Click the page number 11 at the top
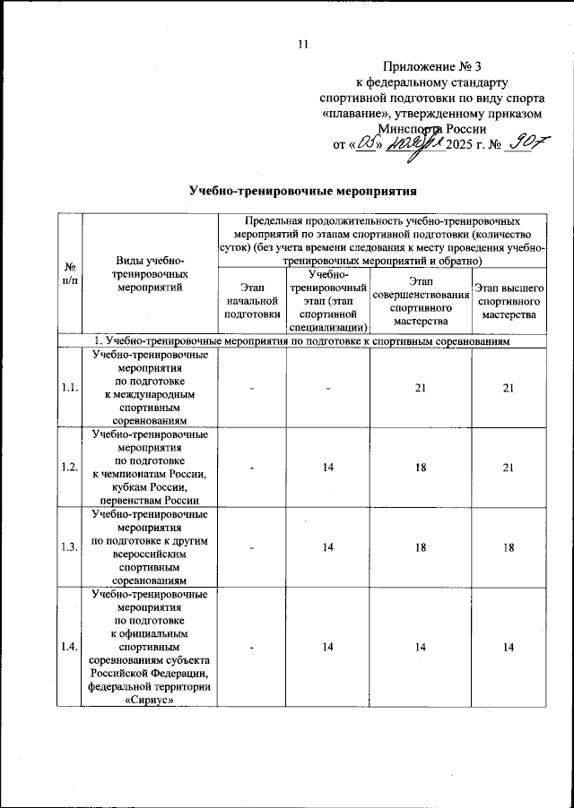(x=302, y=44)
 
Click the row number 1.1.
(x=69, y=387)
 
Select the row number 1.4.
(x=69, y=646)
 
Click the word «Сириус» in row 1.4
(x=151, y=701)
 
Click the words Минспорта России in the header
(x=435, y=128)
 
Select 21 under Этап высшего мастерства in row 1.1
(x=509, y=387)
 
